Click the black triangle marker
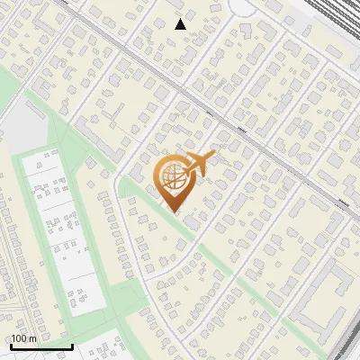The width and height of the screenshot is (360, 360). click(181, 24)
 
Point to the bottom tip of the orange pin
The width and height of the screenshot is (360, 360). click(171, 211)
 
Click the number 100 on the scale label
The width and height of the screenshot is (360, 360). click(19, 338)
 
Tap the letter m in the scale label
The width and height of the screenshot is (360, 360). click(32, 338)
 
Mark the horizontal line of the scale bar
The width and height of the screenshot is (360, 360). click(40, 346)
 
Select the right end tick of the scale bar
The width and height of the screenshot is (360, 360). click(72, 345)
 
